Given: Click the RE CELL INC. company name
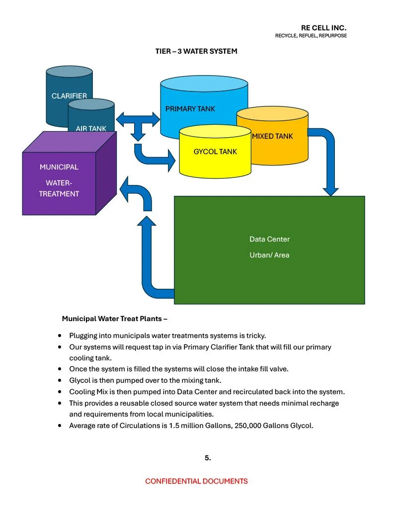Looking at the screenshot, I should coord(323,28).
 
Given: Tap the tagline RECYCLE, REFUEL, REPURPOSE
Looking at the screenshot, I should coord(311,36).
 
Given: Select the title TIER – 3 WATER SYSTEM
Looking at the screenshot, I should coord(196,51).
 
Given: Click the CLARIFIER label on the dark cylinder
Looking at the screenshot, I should coord(69,96).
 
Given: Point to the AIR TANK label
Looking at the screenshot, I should coord(91,128).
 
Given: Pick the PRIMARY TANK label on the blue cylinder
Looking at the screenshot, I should coord(190,108).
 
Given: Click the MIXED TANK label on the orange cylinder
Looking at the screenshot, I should coord(272,136).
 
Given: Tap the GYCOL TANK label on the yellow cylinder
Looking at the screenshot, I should coord(215,151).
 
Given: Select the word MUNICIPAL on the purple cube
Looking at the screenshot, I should coord(59,167).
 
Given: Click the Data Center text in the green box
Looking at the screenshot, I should coord(269,239).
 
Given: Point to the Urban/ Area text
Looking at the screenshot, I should coord(269,255).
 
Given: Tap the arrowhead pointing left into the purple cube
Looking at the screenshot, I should coord(126,190).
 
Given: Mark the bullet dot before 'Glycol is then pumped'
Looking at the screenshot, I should coord(60,380).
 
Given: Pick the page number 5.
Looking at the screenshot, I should coord(208,458).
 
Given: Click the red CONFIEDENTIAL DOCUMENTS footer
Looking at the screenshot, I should coord(196,481).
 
